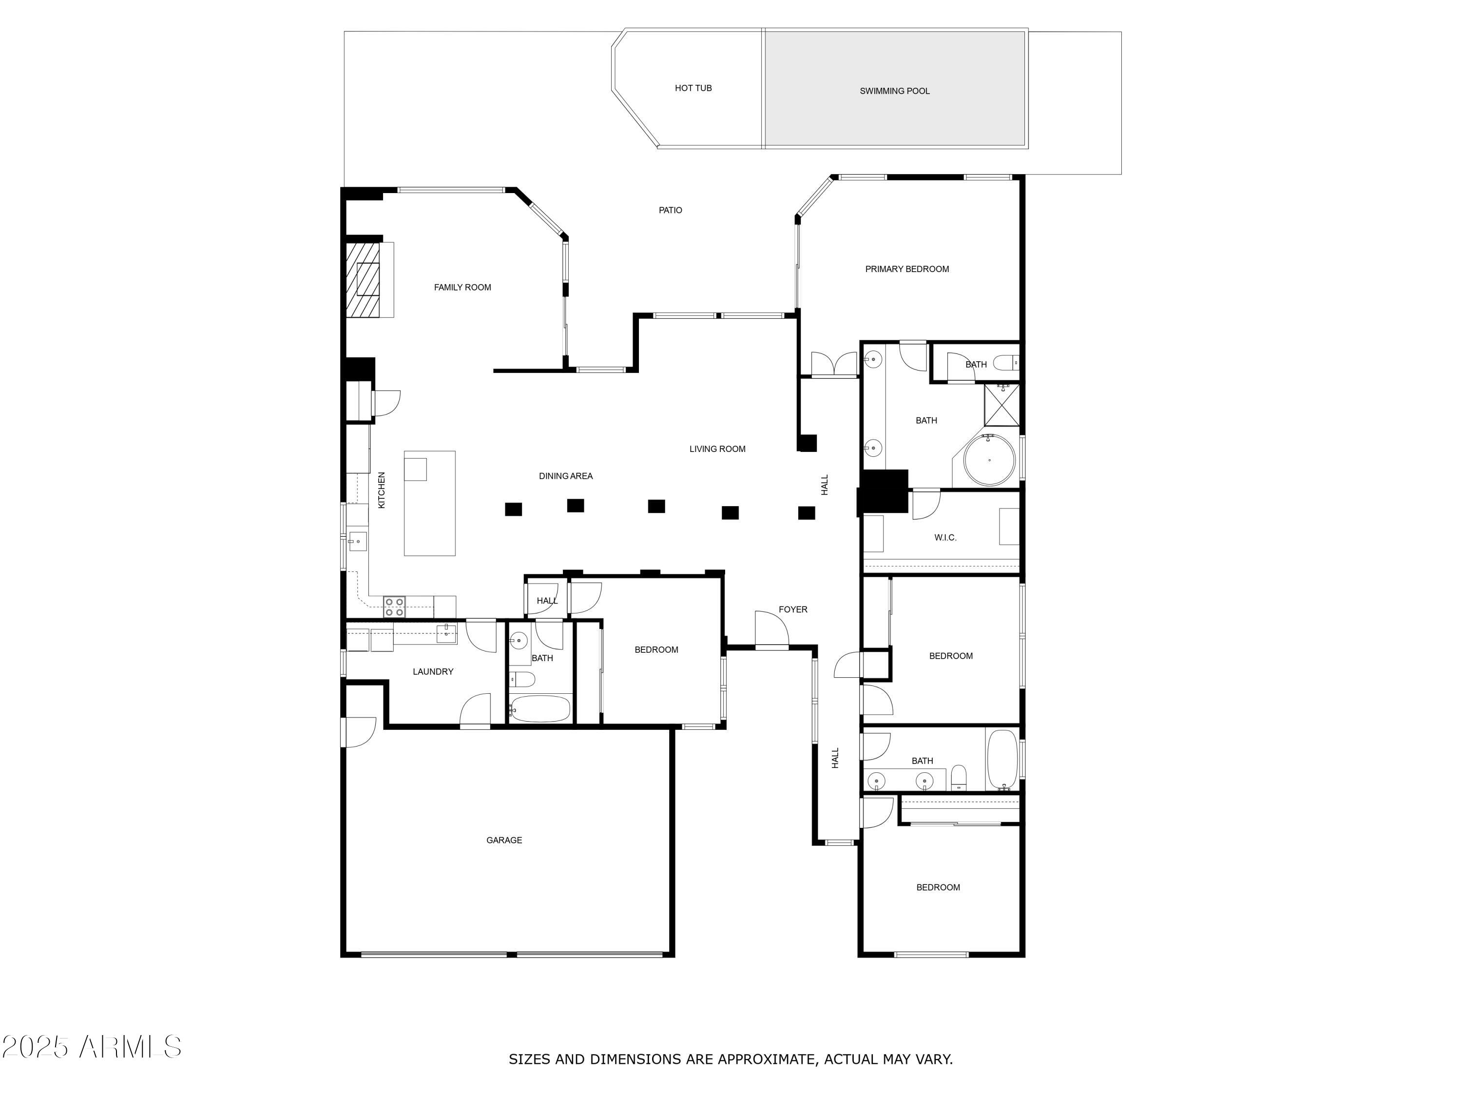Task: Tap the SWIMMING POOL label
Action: tap(894, 91)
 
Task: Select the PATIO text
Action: tap(670, 210)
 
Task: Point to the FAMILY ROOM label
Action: tap(462, 288)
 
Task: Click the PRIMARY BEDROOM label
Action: tap(907, 269)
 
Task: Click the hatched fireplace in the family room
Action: tap(364, 280)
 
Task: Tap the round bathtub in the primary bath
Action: tap(989, 460)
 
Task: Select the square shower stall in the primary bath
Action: tap(1002, 405)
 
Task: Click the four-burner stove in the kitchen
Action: tap(395, 607)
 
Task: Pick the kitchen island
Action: tap(430, 504)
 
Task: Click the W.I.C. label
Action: tap(945, 538)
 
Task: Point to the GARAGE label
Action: tap(504, 841)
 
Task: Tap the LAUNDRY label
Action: tap(433, 672)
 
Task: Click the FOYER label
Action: tap(792, 609)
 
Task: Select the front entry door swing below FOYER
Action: tap(771, 630)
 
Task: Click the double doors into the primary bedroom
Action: tap(834, 364)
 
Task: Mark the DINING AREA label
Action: tap(566, 476)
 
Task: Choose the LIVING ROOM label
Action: tap(717, 449)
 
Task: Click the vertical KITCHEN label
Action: tap(382, 490)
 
